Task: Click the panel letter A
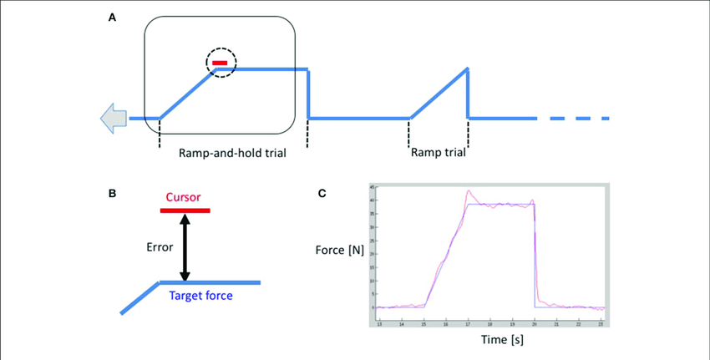coord(113,16)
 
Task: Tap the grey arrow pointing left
coord(113,119)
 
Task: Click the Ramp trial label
coord(438,153)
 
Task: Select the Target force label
coord(200,296)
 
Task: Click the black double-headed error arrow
coord(185,246)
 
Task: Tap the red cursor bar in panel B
coord(185,210)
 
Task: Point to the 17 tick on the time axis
coord(469,322)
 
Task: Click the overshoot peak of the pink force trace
coord(469,190)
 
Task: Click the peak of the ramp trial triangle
coord(467,68)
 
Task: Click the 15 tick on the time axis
coord(424,322)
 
